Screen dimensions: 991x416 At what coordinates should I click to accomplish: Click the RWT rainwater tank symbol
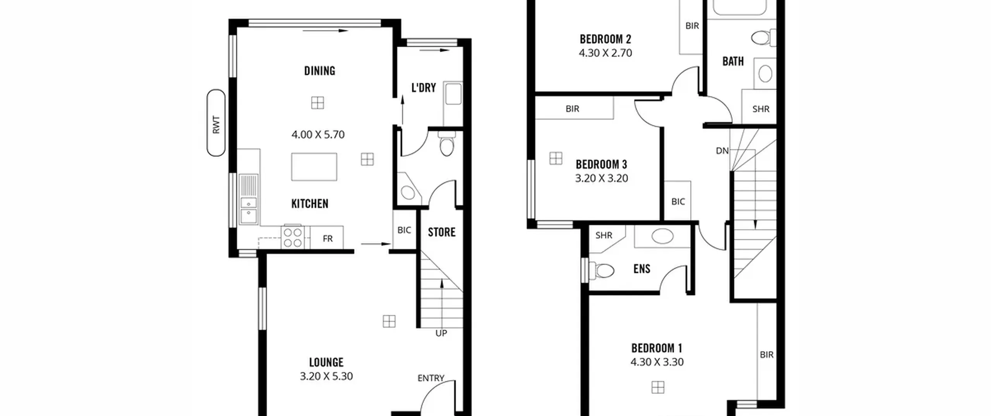coord(216,123)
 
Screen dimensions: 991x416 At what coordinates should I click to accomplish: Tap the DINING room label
coord(320,71)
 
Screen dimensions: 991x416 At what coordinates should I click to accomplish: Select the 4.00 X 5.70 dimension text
coord(318,135)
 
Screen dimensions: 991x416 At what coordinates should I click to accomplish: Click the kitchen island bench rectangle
coord(314,167)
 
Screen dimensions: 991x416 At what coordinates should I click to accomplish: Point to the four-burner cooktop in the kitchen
coord(293,237)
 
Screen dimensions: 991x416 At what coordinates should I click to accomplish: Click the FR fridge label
coord(327,239)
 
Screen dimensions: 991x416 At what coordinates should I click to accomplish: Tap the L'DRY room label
coord(423,88)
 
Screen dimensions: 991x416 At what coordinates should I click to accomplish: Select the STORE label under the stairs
coord(442,232)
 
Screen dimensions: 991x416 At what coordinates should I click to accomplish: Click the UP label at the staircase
coord(441,333)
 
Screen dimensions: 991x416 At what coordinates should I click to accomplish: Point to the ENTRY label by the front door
coord(431,378)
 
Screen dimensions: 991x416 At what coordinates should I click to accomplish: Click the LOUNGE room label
coord(326,362)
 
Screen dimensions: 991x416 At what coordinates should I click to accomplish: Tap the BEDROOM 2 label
coord(605,39)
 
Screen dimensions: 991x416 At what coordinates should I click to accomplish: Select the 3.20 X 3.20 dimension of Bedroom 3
coord(602,178)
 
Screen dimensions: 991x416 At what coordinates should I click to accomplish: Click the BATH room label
coord(733,61)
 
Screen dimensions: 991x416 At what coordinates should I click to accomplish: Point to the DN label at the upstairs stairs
coord(722,151)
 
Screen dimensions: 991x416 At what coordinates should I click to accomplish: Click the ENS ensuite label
coord(642,269)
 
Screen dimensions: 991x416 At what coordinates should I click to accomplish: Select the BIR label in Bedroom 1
coord(767,355)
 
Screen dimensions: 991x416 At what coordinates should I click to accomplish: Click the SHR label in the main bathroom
coord(761,109)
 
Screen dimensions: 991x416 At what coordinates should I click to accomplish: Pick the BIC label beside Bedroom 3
coord(678,202)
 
